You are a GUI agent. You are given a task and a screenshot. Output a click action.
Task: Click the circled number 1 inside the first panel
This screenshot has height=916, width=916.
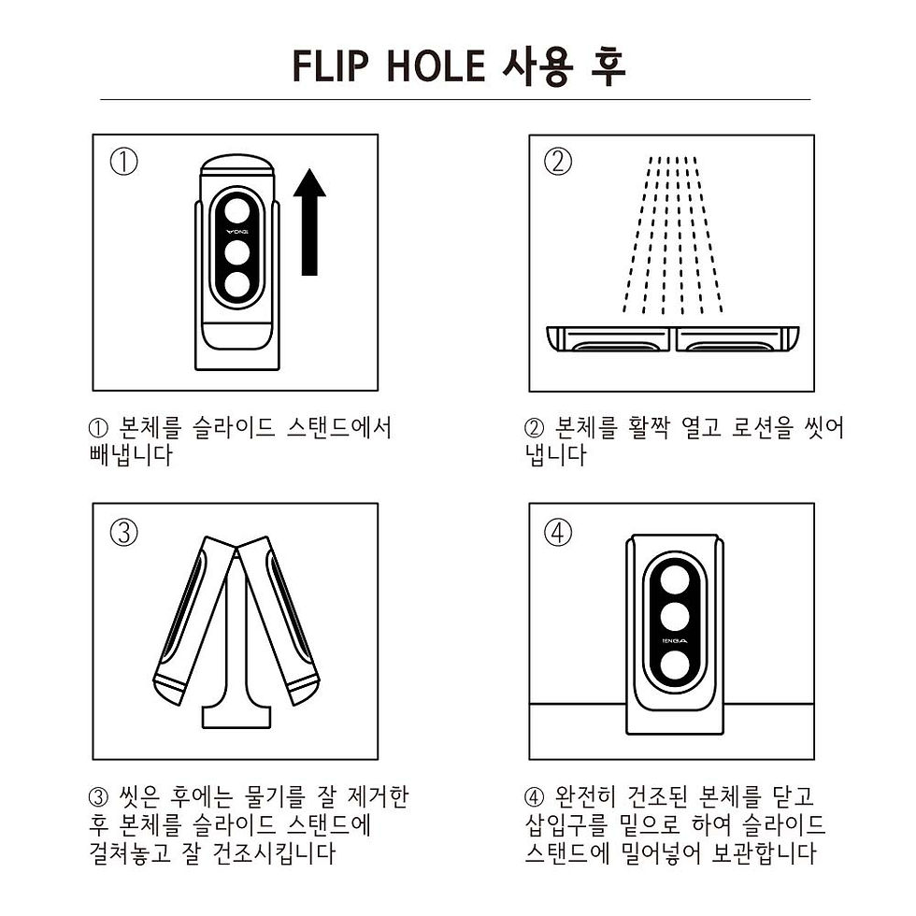click(x=123, y=163)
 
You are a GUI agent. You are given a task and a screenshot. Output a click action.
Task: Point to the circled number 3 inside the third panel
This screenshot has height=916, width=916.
click(x=123, y=533)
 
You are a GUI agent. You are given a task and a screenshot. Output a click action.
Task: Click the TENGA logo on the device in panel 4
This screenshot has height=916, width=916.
click(x=674, y=641)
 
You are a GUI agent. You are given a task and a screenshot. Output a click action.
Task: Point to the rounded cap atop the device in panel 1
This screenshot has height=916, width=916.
click(x=237, y=168)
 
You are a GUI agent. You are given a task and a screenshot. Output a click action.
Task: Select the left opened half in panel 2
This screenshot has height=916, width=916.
click(x=609, y=339)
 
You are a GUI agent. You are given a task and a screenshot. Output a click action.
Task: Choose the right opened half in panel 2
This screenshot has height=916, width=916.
click(x=738, y=339)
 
